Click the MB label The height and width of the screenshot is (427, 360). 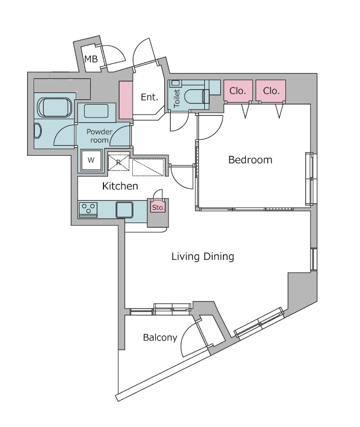[91, 59]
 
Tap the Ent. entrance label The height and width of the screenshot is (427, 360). [149, 97]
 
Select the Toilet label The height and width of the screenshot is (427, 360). [177, 98]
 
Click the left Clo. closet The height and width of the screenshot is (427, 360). [238, 91]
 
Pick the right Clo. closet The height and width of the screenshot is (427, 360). [271, 91]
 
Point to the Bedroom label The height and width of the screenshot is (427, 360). [250, 160]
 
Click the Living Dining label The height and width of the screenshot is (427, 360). [203, 256]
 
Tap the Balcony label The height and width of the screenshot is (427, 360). [160, 337]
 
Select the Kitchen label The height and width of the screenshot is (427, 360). [120, 186]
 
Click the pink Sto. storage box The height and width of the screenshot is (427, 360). [158, 208]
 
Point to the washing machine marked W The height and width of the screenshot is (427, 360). [91, 160]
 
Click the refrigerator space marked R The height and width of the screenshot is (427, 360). [118, 163]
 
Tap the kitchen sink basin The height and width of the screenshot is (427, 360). [124, 210]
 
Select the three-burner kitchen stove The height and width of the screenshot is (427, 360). [88, 210]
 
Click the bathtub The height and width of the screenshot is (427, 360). [55, 107]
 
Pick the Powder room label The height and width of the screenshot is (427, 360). [99, 136]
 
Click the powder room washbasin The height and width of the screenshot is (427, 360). [96, 111]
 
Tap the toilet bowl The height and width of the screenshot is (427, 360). [194, 97]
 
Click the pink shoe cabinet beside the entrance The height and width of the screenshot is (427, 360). [126, 100]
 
